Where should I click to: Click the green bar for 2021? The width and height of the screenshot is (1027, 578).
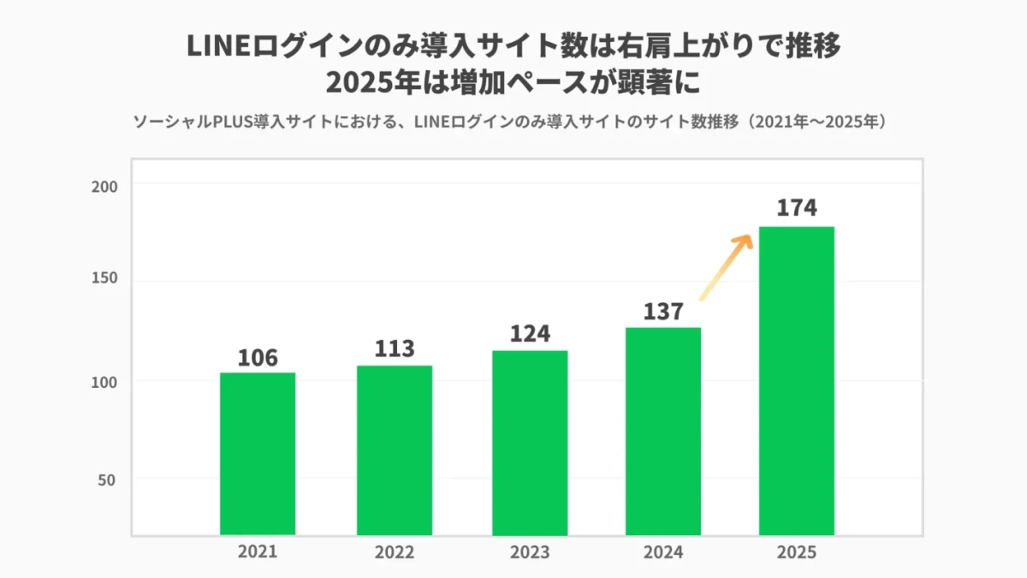click(x=258, y=454)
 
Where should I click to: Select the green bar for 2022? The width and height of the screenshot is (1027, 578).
click(x=395, y=450)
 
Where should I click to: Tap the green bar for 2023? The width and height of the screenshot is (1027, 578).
click(x=530, y=443)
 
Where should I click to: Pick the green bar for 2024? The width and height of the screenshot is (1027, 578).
click(x=663, y=432)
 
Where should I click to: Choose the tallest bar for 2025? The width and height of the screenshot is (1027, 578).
click(x=797, y=381)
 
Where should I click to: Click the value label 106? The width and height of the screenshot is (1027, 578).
click(x=258, y=357)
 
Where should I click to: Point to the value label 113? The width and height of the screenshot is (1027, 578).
click(x=395, y=349)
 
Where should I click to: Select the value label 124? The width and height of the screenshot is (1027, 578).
click(x=530, y=334)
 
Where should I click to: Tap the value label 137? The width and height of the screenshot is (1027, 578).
click(x=663, y=312)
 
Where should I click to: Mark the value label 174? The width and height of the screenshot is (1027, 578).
click(x=797, y=208)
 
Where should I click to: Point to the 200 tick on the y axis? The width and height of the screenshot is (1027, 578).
click(x=104, y=186)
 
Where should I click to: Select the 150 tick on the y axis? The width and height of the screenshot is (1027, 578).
click(x=104, y=283)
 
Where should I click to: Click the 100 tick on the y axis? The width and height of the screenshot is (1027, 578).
click(x=104, y=381)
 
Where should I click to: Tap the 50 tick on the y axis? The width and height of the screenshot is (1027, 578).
click(x=108, y=480)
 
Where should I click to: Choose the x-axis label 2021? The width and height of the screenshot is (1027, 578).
click(x=258, y=552)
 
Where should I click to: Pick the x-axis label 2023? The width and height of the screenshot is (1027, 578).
click(x=530, y=552)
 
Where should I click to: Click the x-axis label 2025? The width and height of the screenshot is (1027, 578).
click(x=797, y=552)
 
